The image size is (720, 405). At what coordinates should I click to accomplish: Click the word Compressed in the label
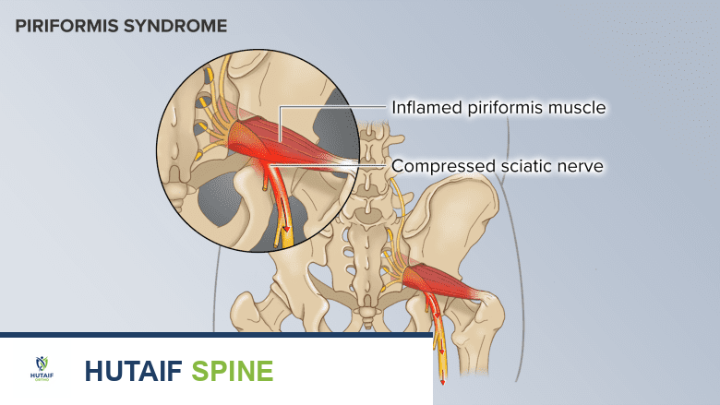(x=440, y=167)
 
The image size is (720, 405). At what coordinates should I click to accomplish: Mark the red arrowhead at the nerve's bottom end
(x=440, y=378)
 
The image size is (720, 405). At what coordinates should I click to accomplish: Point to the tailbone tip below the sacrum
(x=369, y=319)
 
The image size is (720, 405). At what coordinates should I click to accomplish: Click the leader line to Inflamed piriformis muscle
(x=332, y=107)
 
